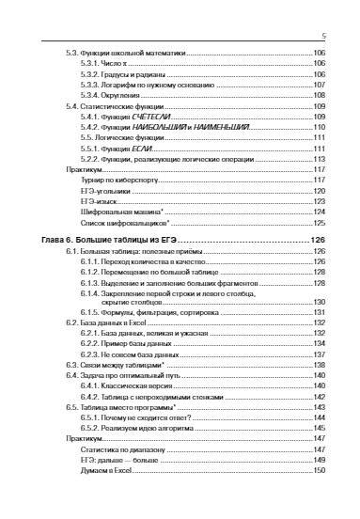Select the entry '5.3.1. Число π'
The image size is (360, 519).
tap(102, 63)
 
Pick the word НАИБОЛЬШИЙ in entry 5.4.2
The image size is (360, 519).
tap(155, 127)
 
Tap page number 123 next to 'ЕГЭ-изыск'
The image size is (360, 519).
tap(319, 201)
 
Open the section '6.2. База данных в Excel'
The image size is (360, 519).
tap(104, 322)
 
